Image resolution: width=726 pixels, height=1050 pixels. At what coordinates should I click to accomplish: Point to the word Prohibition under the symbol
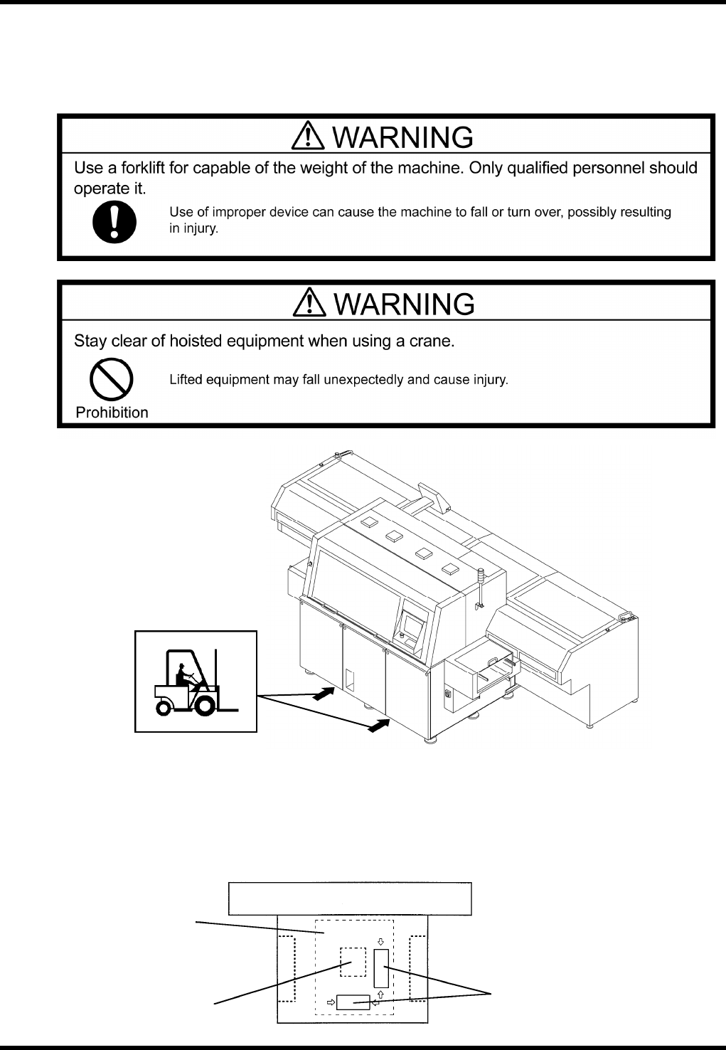(112, 413)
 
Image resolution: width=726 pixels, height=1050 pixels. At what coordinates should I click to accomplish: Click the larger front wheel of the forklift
(205, 704)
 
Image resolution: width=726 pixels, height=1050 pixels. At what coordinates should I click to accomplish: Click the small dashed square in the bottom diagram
(352, 962)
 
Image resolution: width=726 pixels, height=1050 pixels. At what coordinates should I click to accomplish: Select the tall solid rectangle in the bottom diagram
(381, 967)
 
